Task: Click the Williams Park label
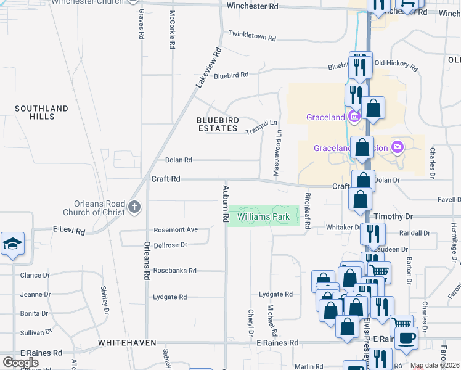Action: click(x=264, y=217)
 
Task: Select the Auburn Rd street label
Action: click(x=226, y=203)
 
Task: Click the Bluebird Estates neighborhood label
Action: click(x=217, y=124)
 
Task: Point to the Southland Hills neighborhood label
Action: click(x=42, y=112)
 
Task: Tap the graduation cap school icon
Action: click(x=12, y=245)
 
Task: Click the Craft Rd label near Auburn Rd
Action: click(x=166, y=179)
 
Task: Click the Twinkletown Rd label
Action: click(x=251, y=36)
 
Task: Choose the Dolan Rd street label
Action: click(x=178, y=160)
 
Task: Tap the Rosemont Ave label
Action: click(x=176, y=229)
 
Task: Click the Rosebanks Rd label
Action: click(x=174, y=271)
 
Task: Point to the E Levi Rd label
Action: click(x=68, y=229)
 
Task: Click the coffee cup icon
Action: click(x=406, y=339)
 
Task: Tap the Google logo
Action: click(x=20, y=363)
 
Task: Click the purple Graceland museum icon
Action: click(x=354, y=117)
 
